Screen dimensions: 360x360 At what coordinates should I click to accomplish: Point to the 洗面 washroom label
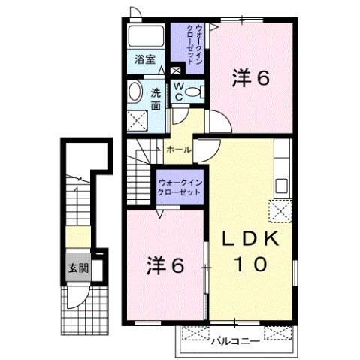pyautogui.click(x=156, y=100)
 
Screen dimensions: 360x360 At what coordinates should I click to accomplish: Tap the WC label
pyautogui.click(x=179, y=92)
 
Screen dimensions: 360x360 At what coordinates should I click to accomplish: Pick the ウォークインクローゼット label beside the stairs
pyautogui.click(x=180, y=187)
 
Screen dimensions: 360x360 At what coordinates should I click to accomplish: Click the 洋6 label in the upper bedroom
pyautogui.click(x=250, y=77)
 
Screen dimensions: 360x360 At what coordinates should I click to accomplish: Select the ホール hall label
pyautogui.click(x=178, y=150)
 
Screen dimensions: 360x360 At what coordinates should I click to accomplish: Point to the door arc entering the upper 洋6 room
pyautogui.click(x=216, y=123)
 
